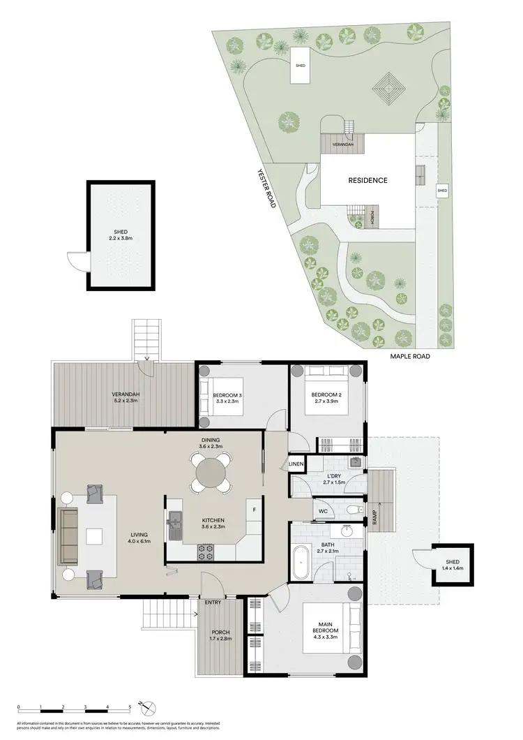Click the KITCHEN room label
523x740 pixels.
click(213, 521)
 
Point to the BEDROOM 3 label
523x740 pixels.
click(227, 397)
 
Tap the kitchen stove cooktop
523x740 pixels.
click(206, 551)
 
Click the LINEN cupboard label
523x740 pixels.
click(296, 464)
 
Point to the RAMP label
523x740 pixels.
click(374, 517)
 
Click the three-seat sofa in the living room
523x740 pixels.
click(68, 536)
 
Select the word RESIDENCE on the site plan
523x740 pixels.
click(367, 180)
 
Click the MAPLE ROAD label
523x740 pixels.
click(409, 356)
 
